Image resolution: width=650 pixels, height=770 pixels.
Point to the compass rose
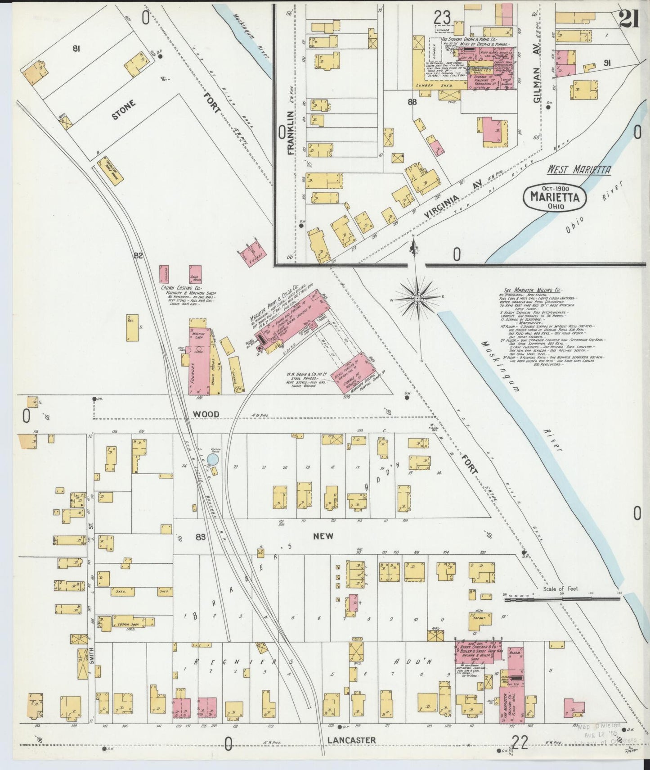pyautogui.click(x=418, y=299)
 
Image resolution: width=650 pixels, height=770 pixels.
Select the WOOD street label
pyautogui.click(x=206, y=414)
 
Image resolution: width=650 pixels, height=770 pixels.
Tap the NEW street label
pyautogui.click(x=323, y=536)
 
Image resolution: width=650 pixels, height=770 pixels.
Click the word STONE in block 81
pyautogui.click(x=123, y=110)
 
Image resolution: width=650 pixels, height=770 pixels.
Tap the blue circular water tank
pyautogui.click(x=213, y=459)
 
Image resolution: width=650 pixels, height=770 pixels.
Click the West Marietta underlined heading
pyautogui.click(x=578, y=170)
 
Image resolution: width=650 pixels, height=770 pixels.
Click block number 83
pyautogui.click(x=201, y=537)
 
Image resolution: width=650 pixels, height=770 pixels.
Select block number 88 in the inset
pyautogui.click(x=412, y=102)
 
